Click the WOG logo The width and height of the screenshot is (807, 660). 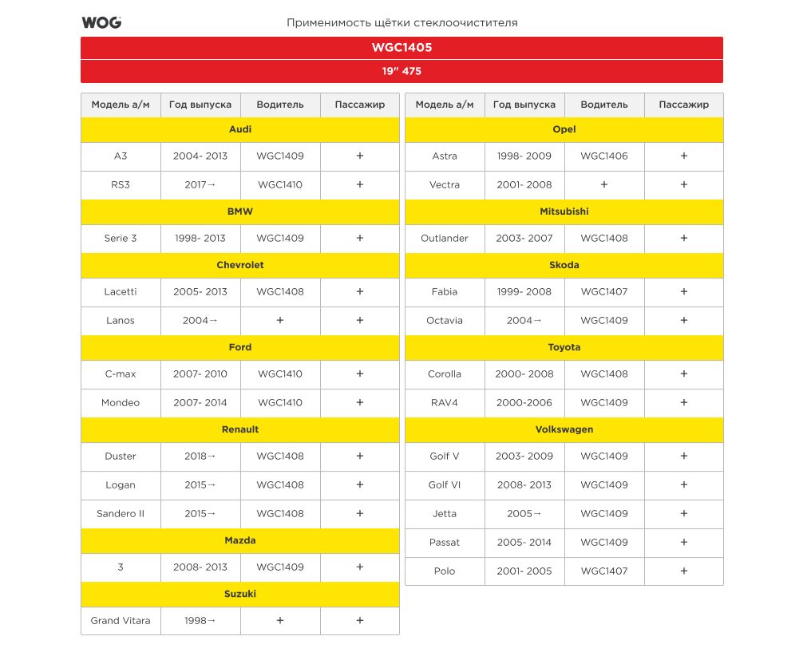(101, 22)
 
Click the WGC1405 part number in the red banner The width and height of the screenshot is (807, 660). (402, 48)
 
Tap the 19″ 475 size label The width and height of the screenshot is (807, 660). (402, 71)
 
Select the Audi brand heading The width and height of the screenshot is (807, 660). (240, 129)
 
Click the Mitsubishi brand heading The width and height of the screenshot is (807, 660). (564, 211)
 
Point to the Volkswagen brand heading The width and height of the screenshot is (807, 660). (564, 429)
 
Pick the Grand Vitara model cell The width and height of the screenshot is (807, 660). (121, 621)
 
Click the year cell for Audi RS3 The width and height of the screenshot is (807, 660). (200, 185)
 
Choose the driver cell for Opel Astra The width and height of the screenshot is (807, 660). (604, 156)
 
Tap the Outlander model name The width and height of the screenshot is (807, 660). (445, 239)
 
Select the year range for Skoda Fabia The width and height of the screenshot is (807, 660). (524, 292)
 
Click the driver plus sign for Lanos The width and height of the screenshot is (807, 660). (280, 321)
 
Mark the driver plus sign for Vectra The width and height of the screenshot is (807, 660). (604, 185)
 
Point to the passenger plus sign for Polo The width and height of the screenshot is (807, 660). (684, 571)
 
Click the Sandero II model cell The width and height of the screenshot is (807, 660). (121, 514)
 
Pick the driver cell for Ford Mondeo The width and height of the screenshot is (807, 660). (280, 403)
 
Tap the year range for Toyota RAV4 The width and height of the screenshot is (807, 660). (524, 403)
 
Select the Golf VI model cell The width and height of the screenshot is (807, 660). (445, 485)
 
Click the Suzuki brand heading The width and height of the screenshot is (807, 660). (240, 594)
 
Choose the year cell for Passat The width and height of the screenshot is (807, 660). (524, 543)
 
